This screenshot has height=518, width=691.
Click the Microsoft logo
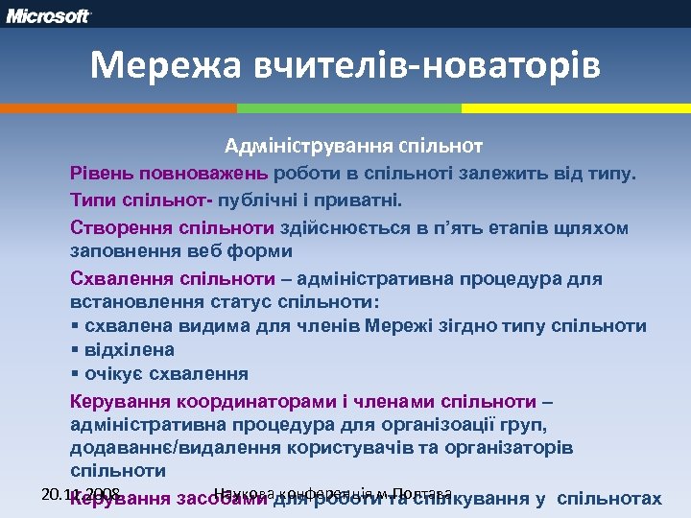(x=50, y=15)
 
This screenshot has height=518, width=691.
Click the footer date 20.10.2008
(x=82, y=494)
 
